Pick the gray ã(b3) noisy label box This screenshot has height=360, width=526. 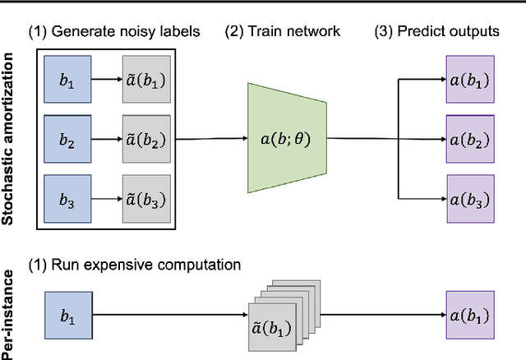coord(147,198)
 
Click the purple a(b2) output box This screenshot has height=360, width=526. coord(470,140)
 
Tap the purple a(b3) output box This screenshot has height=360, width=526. coord(470,198)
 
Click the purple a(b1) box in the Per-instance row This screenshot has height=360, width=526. coord(470,315)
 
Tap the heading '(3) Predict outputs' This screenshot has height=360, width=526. coord(436,32)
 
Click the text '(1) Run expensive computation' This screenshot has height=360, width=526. coord(135,265)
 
